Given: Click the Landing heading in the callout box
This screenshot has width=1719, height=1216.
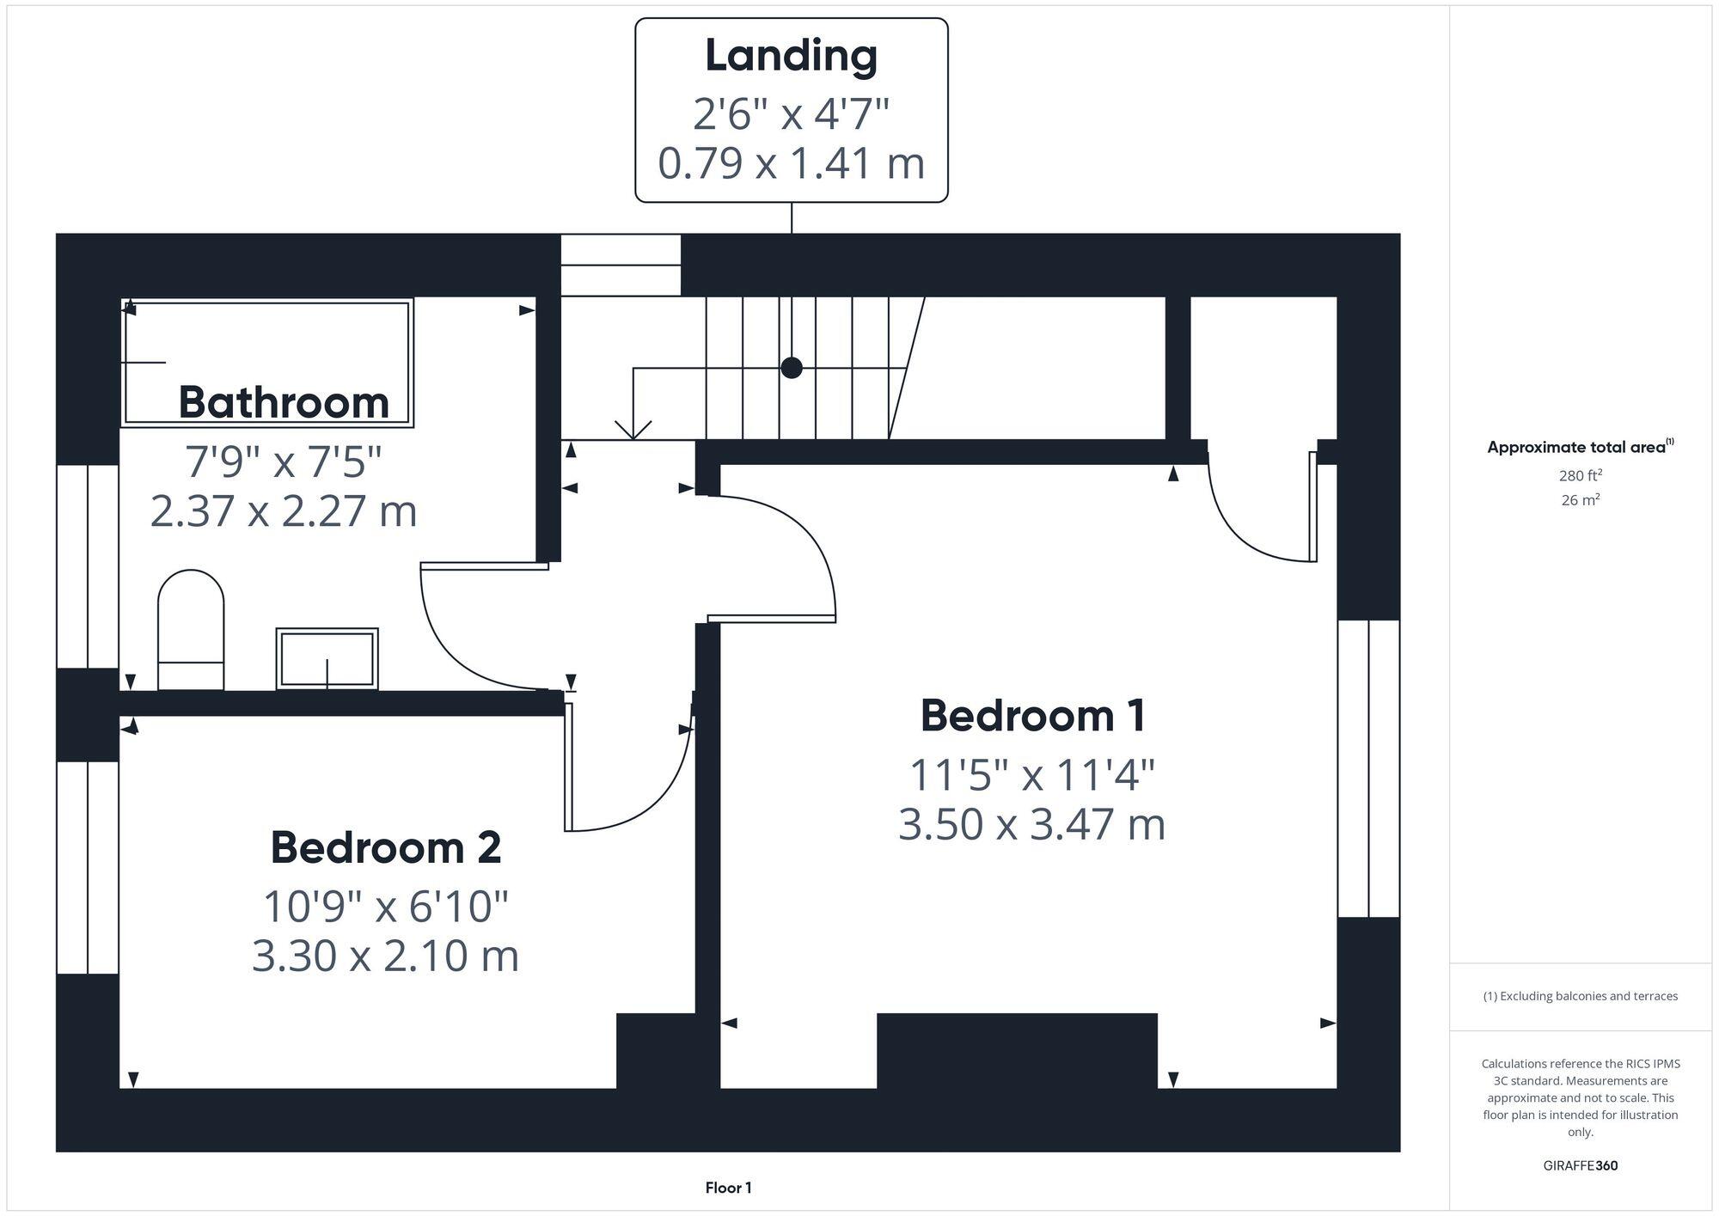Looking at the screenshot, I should [791, 57].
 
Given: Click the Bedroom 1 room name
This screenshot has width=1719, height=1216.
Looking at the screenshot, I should [1032, 716].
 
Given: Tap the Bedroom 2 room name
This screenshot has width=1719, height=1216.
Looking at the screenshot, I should [385, 848].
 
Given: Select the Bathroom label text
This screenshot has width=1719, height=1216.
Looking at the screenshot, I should [284, 402].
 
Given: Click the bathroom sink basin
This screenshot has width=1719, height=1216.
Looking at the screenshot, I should [327, 659].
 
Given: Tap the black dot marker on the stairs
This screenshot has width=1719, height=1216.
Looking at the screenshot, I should [792, 368].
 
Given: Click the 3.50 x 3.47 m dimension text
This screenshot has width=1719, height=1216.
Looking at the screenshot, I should [1031, 825].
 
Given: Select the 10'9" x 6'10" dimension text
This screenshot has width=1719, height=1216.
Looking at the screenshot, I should [385, 907].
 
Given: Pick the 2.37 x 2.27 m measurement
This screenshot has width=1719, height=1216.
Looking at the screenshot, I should [284, 511].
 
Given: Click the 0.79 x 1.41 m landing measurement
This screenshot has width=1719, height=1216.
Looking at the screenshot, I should [791, 163].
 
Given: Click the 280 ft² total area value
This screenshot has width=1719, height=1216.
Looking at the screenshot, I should [1580, 475].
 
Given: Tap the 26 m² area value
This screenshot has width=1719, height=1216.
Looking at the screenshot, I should [1580, 500].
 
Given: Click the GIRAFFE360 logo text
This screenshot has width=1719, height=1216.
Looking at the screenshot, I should [1580, 1166].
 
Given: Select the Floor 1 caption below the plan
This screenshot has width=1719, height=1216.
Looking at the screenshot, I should [728, 1188].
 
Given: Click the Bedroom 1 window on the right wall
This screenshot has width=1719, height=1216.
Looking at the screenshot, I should [1368, 768].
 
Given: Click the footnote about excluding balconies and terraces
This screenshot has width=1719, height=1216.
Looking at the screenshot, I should [1580, 996].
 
